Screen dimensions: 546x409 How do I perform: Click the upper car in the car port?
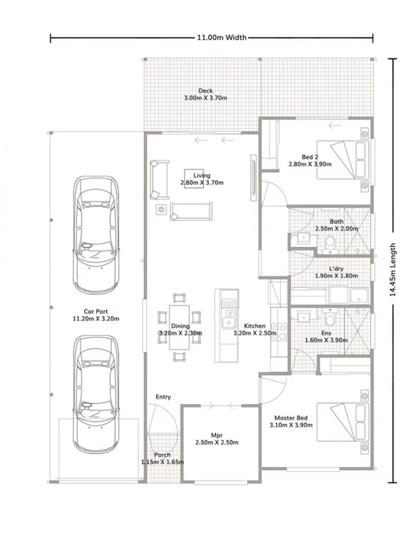[96, 232]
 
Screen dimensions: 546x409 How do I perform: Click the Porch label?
[162, 455]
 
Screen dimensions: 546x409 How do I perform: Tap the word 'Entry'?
[163, 397]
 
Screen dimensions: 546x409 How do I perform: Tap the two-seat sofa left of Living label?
[160, 177]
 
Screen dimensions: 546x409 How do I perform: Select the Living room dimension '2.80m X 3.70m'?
[202, 183]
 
